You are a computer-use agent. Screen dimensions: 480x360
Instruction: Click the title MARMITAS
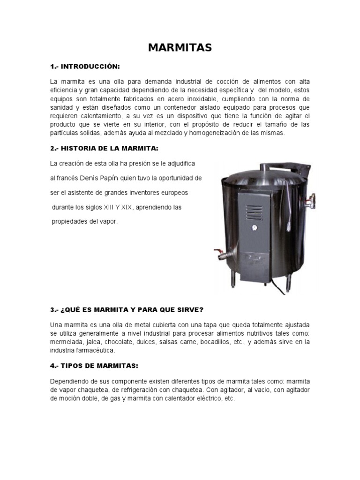point(180,47)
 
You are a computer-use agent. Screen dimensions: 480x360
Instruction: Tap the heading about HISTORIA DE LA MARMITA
point(104,149)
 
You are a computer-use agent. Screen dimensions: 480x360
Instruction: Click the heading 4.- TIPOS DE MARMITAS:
point(94,365)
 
